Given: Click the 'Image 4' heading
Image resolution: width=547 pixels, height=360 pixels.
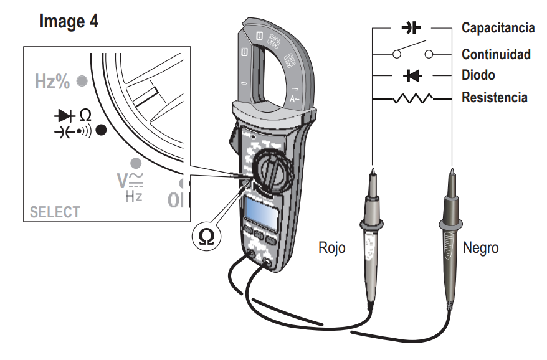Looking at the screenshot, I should click(x=69, y=21).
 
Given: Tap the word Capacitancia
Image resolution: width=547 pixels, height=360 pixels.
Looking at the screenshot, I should click(x=497, y=28).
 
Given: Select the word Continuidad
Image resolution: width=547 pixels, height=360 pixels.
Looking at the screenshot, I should click(x=496, y=54).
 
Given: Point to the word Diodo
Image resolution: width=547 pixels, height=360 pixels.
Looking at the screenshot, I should click(x=478, y=75).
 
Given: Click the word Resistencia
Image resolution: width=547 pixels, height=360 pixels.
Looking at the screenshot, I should click(x=494, y=98).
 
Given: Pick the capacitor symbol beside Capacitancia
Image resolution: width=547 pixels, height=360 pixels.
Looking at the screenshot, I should click(x=411, y=28).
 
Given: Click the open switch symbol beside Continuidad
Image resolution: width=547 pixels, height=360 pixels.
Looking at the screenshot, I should click(x=411, y=52).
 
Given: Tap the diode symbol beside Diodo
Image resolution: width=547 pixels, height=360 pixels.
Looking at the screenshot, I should click(x=411, y=76).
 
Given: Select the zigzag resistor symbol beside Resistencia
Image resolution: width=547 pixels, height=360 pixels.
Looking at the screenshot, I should click(x=411, y=98).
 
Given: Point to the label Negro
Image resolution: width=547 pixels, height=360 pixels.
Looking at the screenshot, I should click(x=481, y=247).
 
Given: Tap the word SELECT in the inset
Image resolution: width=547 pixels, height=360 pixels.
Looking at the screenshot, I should click(x=55, y=212).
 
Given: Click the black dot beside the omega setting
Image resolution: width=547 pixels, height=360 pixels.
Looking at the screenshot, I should click(x=102, y=130).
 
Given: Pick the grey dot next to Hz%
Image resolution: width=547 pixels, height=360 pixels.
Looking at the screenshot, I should click(x=81, y=81).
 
